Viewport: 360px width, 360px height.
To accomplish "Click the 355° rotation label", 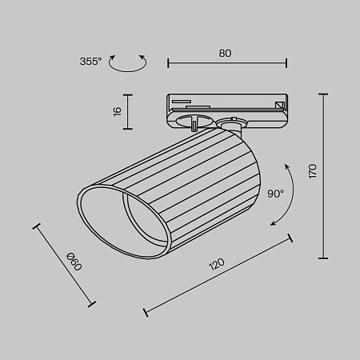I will point(91,62).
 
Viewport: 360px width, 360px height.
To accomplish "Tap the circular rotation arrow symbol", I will point(128,63).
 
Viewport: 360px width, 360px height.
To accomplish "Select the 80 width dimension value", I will point(225,53).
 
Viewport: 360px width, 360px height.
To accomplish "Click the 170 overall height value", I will point(313,170).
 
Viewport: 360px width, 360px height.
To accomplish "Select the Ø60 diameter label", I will point(72,260).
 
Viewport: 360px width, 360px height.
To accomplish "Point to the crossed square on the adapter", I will point(279,105).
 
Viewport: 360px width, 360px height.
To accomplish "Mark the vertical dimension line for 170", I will point(323,176).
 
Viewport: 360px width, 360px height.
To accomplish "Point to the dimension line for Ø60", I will point(64,265).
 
